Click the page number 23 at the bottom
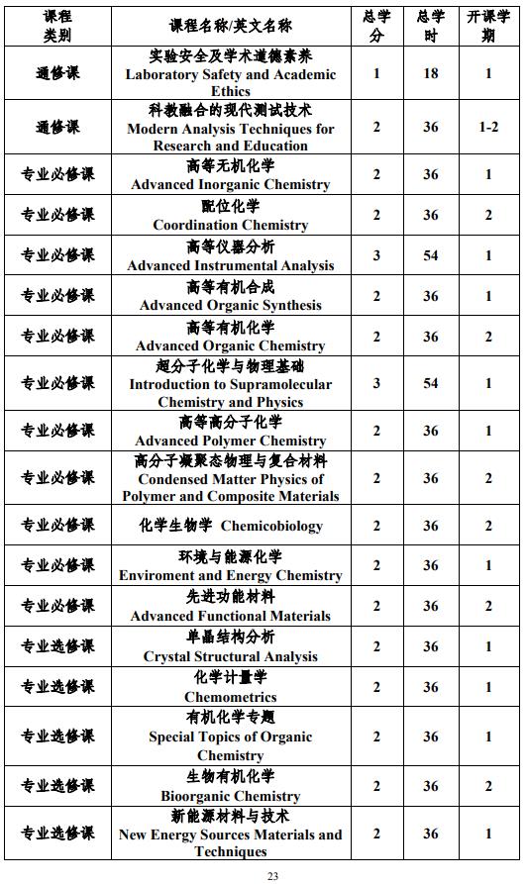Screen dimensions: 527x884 [x=273, y=876]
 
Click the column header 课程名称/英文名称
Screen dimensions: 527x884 [x=231, y=26]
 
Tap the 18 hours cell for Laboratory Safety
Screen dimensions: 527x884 [x=431, y=73]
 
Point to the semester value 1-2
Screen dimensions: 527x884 [x=488, y=128]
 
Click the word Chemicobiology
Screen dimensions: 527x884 [x=271, y=526]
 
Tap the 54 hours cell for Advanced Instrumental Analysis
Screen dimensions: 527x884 [x=431, y=255]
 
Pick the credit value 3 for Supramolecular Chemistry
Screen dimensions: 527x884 [x=376, y=383]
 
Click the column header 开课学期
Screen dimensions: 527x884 [x=488, y=26]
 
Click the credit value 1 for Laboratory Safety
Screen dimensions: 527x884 [x=376, y=73]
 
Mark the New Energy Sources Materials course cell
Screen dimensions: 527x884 [x=231, y=835]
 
